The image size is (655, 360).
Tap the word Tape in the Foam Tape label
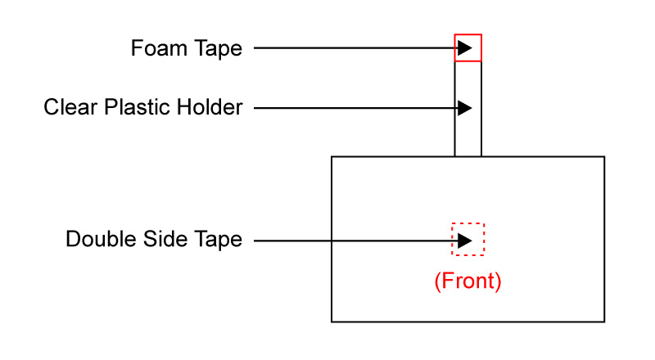219,49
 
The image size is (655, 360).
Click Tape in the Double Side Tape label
219,241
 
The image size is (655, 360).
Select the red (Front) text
467,281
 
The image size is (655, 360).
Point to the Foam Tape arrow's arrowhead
465,48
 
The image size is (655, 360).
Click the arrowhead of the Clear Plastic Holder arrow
465,108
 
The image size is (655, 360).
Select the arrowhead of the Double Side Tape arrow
465,241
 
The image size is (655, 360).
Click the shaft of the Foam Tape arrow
352,48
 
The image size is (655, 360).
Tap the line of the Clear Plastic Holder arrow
352,108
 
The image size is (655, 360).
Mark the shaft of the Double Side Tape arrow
352,241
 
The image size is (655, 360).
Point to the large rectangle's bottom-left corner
332,322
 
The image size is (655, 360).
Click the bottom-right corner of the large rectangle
604,322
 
